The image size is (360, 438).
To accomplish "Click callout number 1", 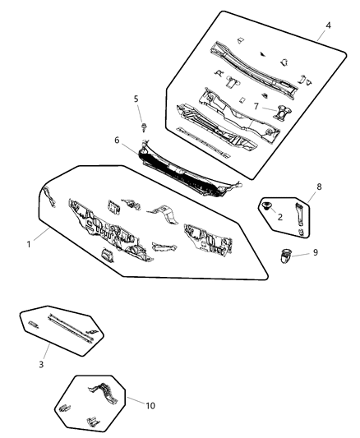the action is coord(29,244).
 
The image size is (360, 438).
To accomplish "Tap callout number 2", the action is coord(280,217).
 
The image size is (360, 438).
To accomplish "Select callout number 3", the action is coord(41,364).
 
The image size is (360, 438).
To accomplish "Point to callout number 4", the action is coord(328,25).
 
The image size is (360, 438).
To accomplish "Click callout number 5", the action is coord(136,99).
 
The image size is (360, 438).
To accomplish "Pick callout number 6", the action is coord(117,141).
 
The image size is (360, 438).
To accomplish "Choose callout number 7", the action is coord(256,106).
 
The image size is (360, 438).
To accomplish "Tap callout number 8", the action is coord(319,187).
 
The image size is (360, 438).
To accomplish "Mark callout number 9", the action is coord(316,252).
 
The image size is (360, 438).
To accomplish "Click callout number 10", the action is coord(150,406).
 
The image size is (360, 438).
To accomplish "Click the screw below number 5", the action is coord(145,127).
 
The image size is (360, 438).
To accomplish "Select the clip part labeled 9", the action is coord(285,256).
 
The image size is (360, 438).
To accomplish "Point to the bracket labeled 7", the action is coord(283,113).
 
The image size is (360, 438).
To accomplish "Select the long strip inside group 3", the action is coord(71,328).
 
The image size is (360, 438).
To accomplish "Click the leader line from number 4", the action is coord(321,35).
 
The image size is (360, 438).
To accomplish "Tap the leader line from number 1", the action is coord(42,234).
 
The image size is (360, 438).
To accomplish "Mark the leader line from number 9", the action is coord(300,254).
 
